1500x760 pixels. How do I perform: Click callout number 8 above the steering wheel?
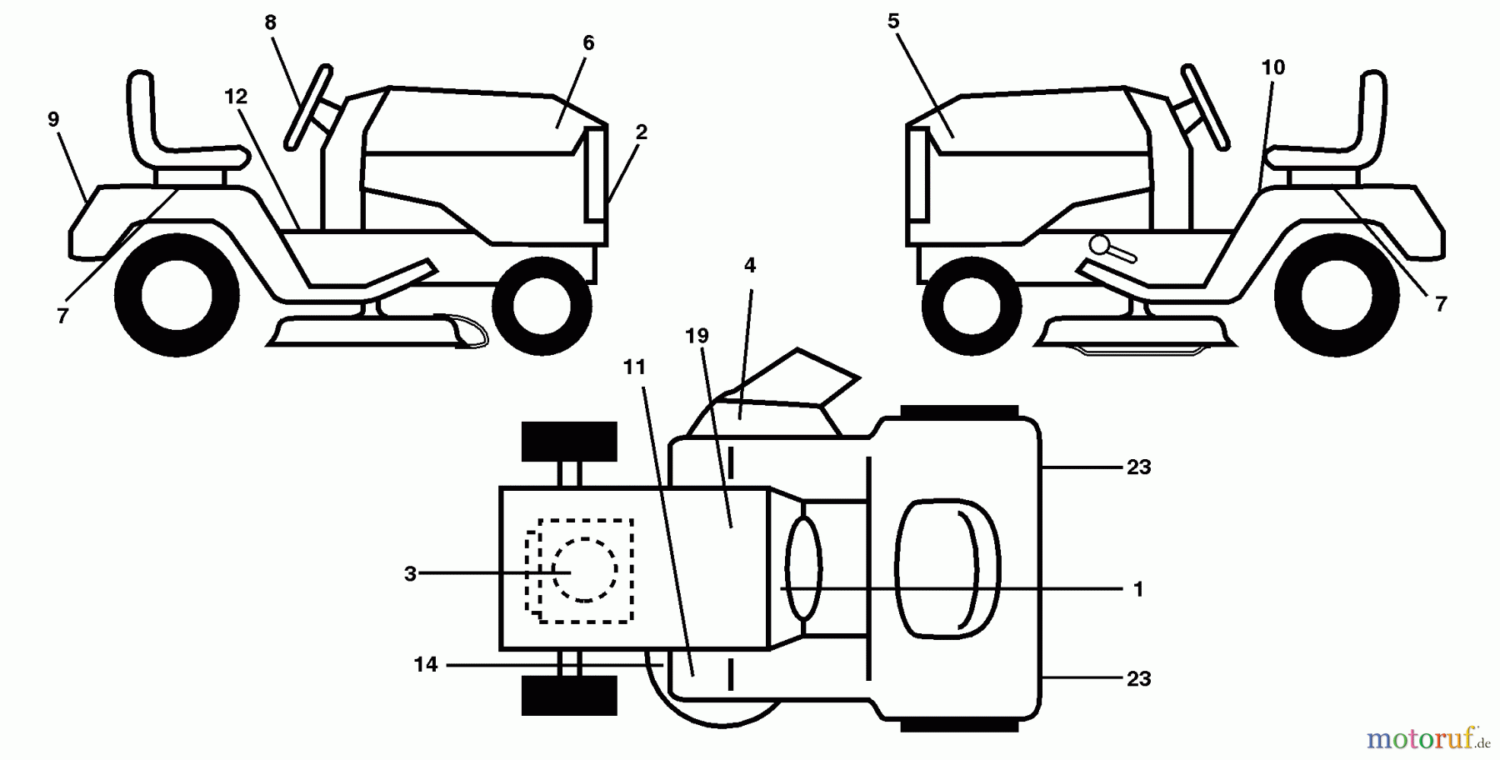point(270,22)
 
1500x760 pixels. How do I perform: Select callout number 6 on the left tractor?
point(588,42)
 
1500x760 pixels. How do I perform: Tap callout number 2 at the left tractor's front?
point(641,132)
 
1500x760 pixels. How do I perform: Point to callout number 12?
point(236,97)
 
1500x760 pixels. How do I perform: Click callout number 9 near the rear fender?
point(53,119)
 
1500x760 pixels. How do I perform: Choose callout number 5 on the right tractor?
point(893,22)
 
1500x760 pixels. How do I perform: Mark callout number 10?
point(1273,67)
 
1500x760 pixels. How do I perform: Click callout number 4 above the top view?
point(749,265)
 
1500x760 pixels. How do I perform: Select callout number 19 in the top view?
point(697,335)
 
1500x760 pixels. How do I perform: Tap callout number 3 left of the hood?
point(410,573)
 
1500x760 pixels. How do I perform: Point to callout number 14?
point(426,665)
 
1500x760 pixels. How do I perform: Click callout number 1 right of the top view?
point(1138,589)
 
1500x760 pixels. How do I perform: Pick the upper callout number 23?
point(1138,467)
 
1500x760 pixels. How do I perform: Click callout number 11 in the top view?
point(634,367)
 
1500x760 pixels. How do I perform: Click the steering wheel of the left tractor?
point(308,107)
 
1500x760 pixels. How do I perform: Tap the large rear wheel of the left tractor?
point(177,295)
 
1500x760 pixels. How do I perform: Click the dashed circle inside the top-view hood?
point(585,569)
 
